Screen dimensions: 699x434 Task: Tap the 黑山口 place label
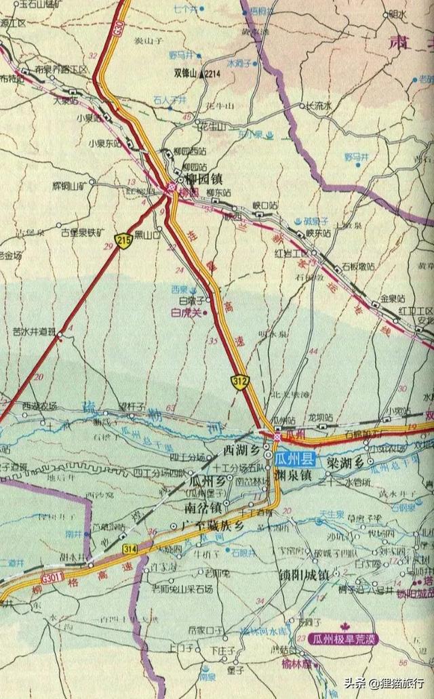pos(147,235)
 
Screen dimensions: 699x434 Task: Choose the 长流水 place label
pos(319,106)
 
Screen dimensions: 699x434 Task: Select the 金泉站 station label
pos(392,298)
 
